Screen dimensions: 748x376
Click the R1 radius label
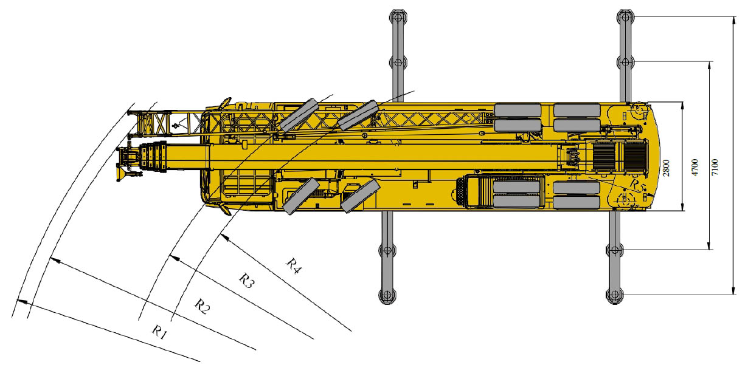[x=159, y=333]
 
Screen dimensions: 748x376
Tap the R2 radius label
[x=203, y=306]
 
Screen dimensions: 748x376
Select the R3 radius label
[x=247, y=280]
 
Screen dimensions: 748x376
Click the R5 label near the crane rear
[x=637, y=185]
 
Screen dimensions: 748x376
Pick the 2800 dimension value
[x=666, y=168]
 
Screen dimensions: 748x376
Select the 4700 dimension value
[x=694, y=168]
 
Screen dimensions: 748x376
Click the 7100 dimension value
[x=715, y=168]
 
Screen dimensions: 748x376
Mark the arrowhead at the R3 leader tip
[x=175, y=258]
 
